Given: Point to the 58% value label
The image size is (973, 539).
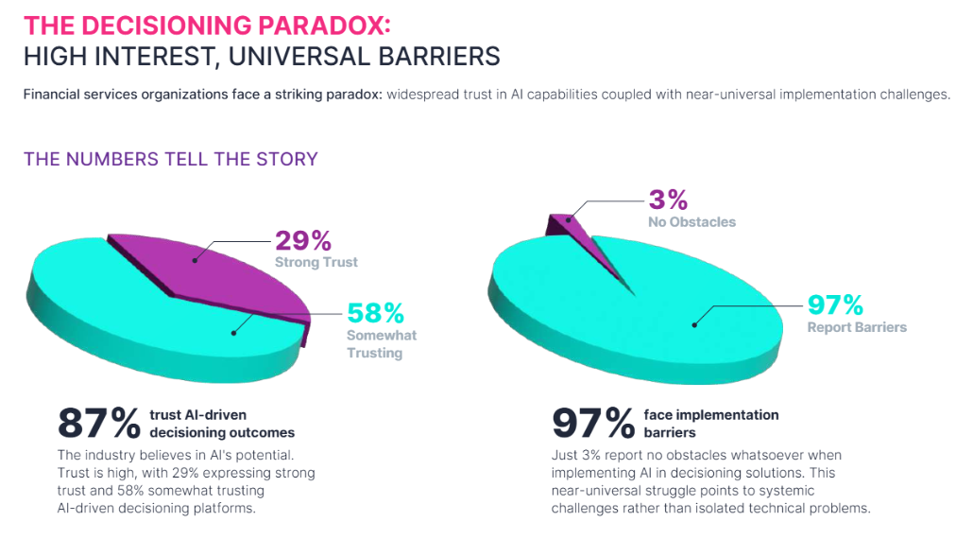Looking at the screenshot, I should (x=376, y=313).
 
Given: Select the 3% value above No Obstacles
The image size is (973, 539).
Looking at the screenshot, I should (x=667, y=200).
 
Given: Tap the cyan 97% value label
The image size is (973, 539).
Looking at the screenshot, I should (x=835, y=305).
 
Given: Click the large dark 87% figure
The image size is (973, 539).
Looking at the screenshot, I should (x=98, y=422).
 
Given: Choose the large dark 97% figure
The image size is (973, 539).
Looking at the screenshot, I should (x=592, y=422).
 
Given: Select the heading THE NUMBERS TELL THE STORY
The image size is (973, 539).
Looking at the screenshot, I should (x=171, y=159).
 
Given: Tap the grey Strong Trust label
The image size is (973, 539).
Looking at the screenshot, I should (x=316, y=263).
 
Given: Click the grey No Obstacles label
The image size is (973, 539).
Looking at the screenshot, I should (x=691, y=222).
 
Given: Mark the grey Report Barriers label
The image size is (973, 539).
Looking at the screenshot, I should (x=857, y=327).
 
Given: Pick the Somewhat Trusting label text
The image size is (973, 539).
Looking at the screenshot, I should (x=382, y=344).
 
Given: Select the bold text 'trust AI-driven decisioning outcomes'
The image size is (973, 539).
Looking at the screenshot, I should (x=222, y=424).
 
